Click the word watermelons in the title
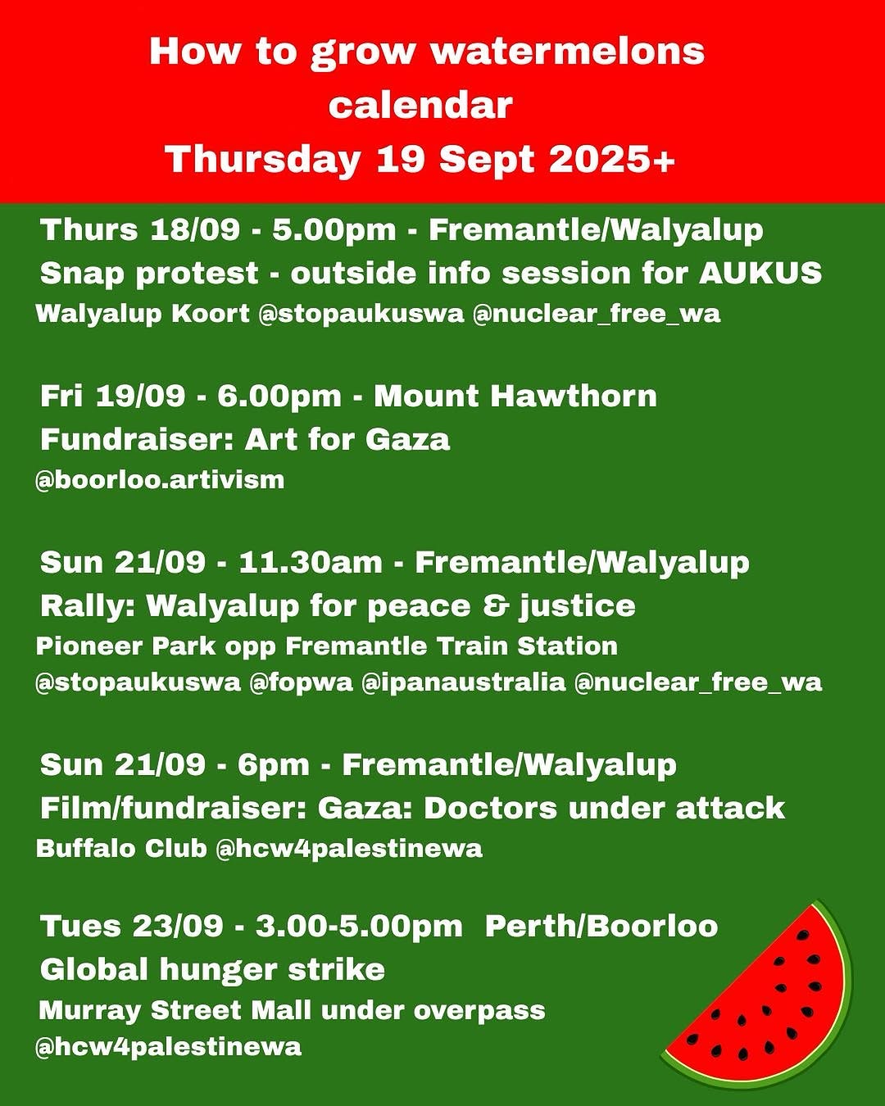coord(568,52)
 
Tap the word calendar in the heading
coord(420,106)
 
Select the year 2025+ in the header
coord(612,159)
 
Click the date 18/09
coord(195,229)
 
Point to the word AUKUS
coord(760,272)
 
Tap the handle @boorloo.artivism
coord(160,481)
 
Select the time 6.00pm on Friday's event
coord(279,397)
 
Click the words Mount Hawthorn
coord(515,397)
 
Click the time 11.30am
coord(311,562)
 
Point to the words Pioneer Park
coord(125,646)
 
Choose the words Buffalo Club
coord(121,849)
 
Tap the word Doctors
coord(490,808)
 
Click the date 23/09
coord(178,926)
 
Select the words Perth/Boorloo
coord(601,926)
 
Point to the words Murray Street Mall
coord(175,1010)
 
